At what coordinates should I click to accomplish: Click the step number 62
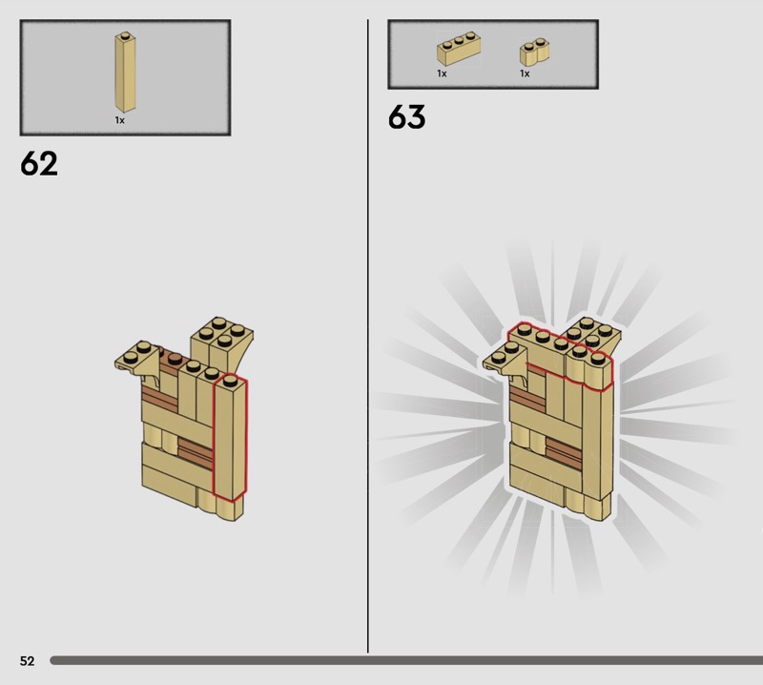pos(39,163)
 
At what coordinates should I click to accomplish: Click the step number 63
pos(407,116)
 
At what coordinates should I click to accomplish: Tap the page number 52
pos(28,660)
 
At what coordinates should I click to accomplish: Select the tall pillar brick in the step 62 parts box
pos(125,73)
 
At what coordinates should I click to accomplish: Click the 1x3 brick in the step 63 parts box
pos(459,49)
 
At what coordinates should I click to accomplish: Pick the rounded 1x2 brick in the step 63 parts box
pos(534,52)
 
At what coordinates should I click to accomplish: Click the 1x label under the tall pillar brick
pos(120,120)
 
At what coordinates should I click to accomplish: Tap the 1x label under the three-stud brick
pos(442,73)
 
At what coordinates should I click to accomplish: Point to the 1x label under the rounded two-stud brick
pos(525,73)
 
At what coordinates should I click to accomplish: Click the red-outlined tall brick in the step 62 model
pos(230,438)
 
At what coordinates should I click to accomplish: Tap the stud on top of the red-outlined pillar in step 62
pos(230,381)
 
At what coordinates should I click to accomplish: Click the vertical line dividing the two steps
pos(368,336)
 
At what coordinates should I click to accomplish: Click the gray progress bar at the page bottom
pos(406,660)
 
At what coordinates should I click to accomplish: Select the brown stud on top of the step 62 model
pos(174,360)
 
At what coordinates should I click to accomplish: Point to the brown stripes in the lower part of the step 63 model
pos(564,453)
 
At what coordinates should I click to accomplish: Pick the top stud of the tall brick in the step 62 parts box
pos(126,35)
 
